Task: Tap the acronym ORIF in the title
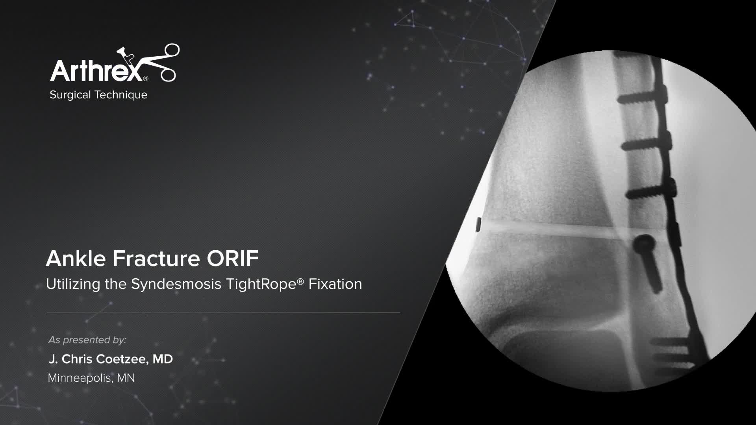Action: (233, 259)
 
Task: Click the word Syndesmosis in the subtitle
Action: (176, 284)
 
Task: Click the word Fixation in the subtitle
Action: (335, 284)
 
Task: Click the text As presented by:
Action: (87, 340)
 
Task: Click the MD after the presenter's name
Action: (163, 359)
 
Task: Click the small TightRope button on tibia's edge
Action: (479, 224)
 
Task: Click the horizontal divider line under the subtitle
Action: (224, 312)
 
